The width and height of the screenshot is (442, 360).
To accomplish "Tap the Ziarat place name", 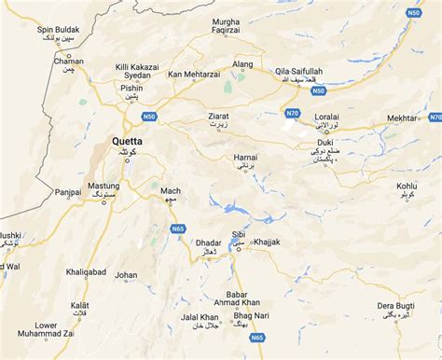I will [217, 117].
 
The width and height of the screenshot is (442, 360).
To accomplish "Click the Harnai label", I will [245, 156].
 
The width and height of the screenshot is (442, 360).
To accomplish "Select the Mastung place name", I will [104, 187].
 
